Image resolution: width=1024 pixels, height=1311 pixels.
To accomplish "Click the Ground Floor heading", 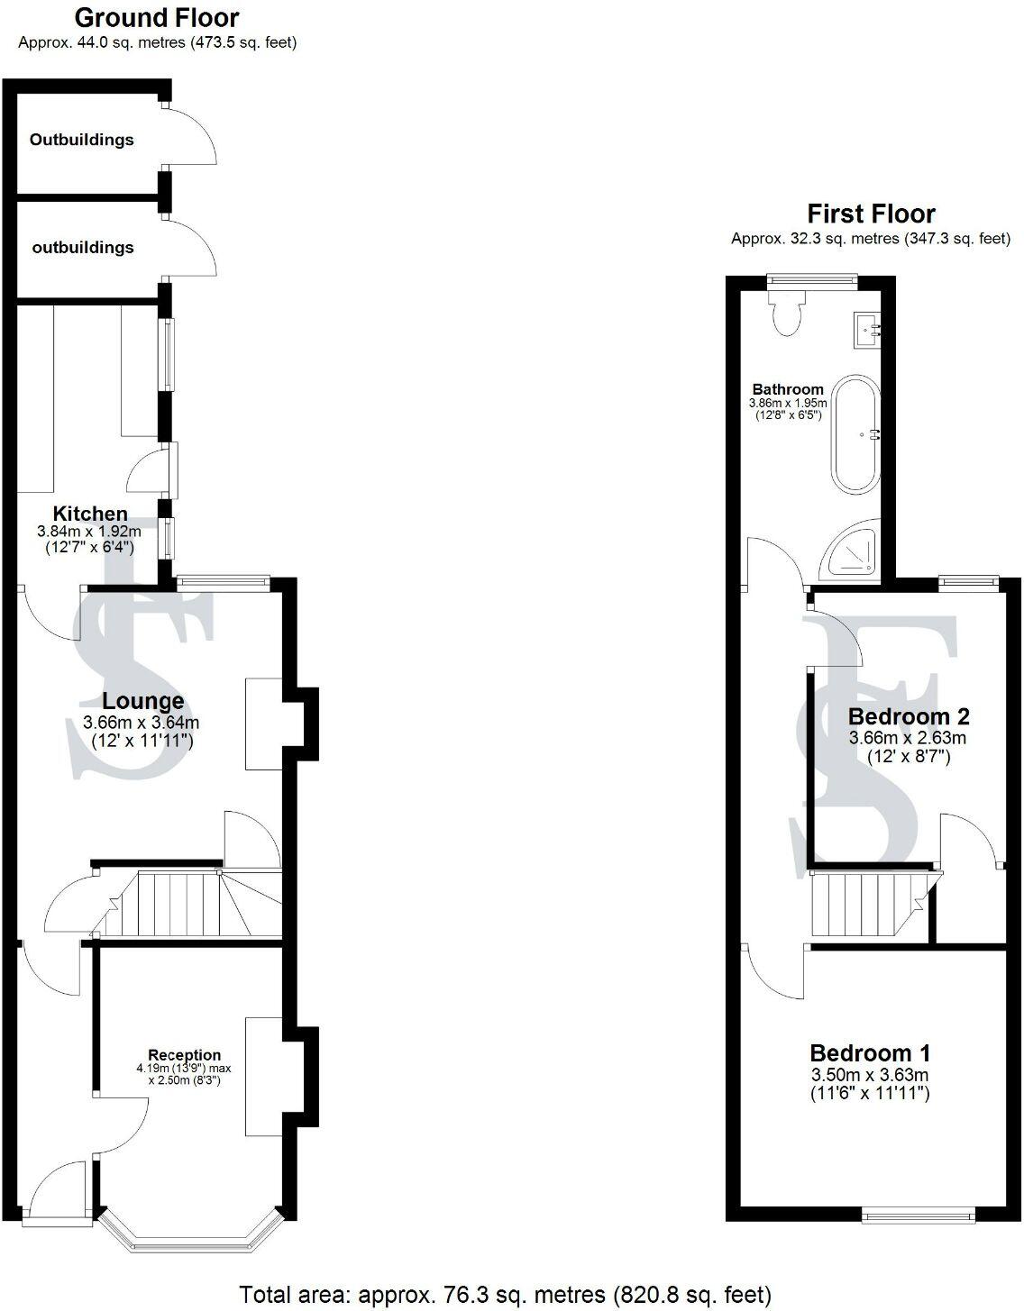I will (157, 17).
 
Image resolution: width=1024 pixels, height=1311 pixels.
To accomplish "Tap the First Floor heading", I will (871, 214).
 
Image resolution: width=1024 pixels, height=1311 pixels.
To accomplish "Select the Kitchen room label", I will (89, 514).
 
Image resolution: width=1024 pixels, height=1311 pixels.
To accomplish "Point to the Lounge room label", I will (142, 701).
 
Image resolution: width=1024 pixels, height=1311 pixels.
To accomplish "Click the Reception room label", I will (184, 1055).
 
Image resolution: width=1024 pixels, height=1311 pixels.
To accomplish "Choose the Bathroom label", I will (788, 389).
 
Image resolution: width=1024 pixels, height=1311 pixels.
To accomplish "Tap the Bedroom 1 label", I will (870, 1052).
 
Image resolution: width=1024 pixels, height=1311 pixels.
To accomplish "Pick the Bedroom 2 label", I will (909, 716).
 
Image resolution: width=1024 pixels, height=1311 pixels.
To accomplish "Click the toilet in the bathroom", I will (787, 314).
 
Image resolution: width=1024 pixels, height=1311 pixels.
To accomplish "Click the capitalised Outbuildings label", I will (81, 140).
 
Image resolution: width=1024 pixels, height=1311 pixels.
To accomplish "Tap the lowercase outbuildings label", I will (83, 247).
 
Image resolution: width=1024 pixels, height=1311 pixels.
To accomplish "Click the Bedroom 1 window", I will (919, 1216).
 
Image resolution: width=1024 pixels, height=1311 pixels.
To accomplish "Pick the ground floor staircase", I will (194, 904).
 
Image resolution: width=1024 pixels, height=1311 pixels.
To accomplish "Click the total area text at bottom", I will (505, 1295).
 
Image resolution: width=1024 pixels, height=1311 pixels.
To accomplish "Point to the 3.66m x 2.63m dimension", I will (908, 737).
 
